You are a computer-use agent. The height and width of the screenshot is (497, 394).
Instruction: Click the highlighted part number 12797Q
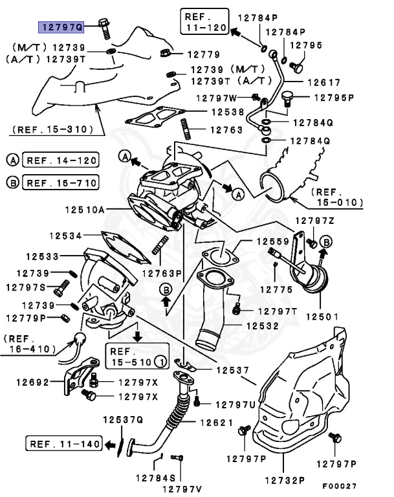pos(62,27)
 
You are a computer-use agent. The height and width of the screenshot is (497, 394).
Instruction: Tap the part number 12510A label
pos(85,210)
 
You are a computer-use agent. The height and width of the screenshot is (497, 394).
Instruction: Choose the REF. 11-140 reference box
pos(65,444)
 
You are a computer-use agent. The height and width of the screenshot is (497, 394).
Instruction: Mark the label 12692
pos(32,382)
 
